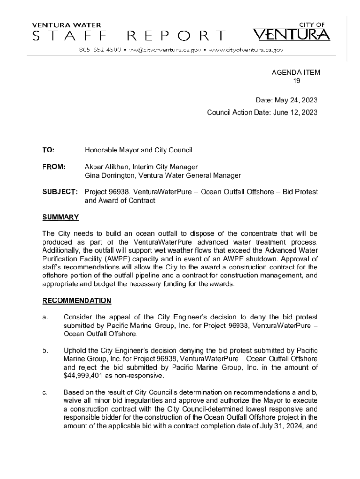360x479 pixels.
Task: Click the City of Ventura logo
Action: coord(291,32)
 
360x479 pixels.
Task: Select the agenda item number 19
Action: coord(296,81)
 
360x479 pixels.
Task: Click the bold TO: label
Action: coord(48,150)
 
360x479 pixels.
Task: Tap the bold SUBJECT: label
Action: coord(60,192)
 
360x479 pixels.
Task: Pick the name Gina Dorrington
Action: coord(110,175)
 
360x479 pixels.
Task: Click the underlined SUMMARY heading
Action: coord(60,218)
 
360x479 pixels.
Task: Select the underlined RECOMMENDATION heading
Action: coord(77,301)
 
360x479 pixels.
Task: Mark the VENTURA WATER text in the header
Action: coord(66,25)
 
